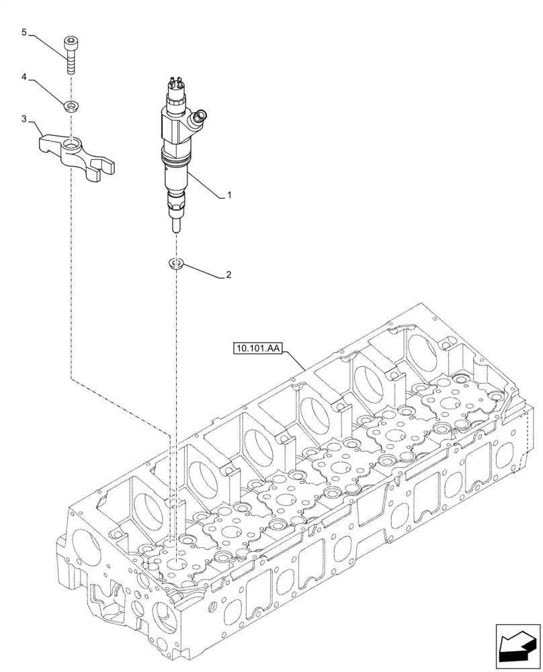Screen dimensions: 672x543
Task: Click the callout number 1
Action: pos(229,196)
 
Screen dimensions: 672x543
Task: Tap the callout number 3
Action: pos(24,119)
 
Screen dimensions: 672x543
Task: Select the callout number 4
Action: pos(24,77)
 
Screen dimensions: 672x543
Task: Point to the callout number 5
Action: pos(24,32)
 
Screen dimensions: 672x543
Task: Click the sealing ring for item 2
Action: pos(176,263)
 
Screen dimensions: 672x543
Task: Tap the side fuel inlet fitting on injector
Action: pos(199,120)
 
